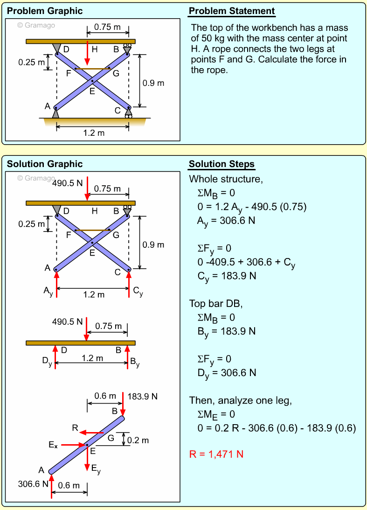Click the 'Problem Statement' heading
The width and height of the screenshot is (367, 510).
tap(232, 11)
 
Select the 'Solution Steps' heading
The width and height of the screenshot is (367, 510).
tap(222, 164)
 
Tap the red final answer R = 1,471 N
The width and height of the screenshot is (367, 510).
tap(216, 454)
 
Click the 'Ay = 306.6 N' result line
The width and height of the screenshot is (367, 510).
tap(226, 221)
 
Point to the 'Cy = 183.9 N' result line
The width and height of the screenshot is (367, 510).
tap(227, 276)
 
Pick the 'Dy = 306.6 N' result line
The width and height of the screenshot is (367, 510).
tap(227, 373)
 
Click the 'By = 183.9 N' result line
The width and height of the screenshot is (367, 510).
tap(227, 331)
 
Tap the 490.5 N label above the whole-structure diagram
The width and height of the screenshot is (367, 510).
tap(67, 183)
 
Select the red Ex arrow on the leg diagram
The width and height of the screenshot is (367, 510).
tap(72, 445)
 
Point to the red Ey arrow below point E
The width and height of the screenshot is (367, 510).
tap(87, 460)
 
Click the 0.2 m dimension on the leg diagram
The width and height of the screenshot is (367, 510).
tap(138, 440)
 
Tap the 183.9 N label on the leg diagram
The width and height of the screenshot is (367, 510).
tap(142, 397)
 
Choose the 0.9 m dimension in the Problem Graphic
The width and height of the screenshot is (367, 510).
tap(153, 83)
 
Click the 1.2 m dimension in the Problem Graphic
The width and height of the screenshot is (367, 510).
tap(94, 133)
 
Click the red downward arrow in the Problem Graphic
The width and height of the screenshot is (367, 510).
tap(87, 53)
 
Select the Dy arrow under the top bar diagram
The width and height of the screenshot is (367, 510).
tap(55, 357)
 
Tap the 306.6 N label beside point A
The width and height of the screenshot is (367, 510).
tap(33, 484)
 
